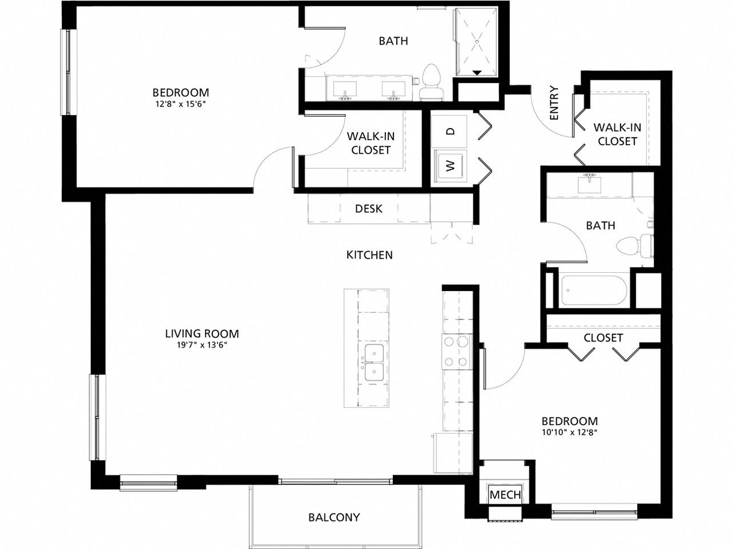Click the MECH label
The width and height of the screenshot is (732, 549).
(506, 494)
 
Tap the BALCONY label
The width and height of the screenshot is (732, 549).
(334, 517)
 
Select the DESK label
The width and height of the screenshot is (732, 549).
(368, 209)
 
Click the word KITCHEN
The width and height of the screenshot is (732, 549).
(369, 254)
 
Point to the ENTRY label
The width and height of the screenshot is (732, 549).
(553, 103)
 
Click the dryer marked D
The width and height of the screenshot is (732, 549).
(451, 131)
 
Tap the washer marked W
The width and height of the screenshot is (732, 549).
(451, 166)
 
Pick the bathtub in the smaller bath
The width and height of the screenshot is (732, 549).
(595, 291)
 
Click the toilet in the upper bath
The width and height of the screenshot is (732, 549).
(431, 83)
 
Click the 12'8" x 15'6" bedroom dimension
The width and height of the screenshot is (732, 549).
(180, 105)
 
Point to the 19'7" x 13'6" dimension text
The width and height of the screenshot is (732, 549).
(202, 345)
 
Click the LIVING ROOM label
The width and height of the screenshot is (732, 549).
(202, 333)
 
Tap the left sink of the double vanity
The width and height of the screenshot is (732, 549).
(345, 89)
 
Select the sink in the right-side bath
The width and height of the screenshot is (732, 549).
(588, 184)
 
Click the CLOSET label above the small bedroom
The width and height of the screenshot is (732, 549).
(603, 338)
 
